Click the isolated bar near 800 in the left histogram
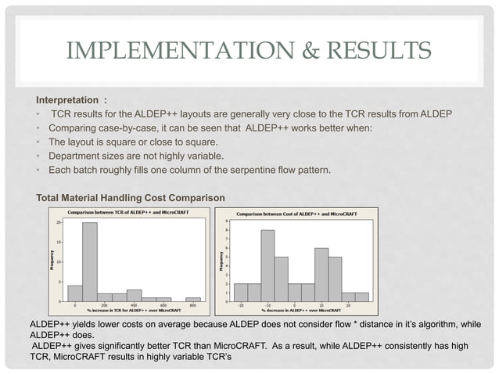click(193, 299)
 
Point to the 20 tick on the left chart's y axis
click(59, 223)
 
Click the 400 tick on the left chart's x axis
click(134, 306)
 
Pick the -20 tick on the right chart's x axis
click(241, 306)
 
